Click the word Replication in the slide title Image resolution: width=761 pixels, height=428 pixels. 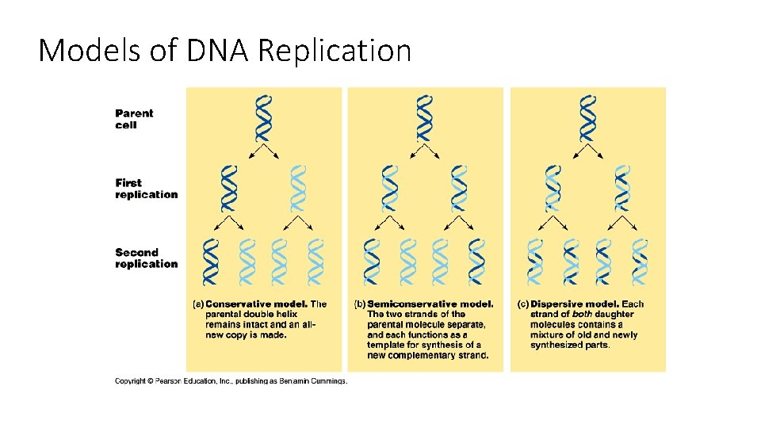[335, 51]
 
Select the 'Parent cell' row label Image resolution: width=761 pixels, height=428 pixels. [135, 119]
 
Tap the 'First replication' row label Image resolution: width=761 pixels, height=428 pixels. [147, 189]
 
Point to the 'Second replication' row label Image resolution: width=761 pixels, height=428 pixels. [147, 258]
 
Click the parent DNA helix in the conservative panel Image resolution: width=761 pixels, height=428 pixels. [262, 119]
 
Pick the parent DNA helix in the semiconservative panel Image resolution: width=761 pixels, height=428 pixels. [425, 119]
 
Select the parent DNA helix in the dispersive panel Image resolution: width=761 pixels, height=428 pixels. [587, 119]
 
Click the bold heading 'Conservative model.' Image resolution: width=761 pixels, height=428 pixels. [256, 304]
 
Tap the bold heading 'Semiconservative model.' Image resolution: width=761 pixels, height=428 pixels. [430, 304]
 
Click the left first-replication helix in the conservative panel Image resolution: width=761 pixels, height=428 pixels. [228, 189]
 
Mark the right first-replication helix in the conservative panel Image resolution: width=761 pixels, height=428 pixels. [297, 189]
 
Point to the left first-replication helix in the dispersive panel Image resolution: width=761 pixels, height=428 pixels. [553, 189]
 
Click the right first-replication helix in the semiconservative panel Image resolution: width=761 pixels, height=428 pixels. [460, 189]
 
